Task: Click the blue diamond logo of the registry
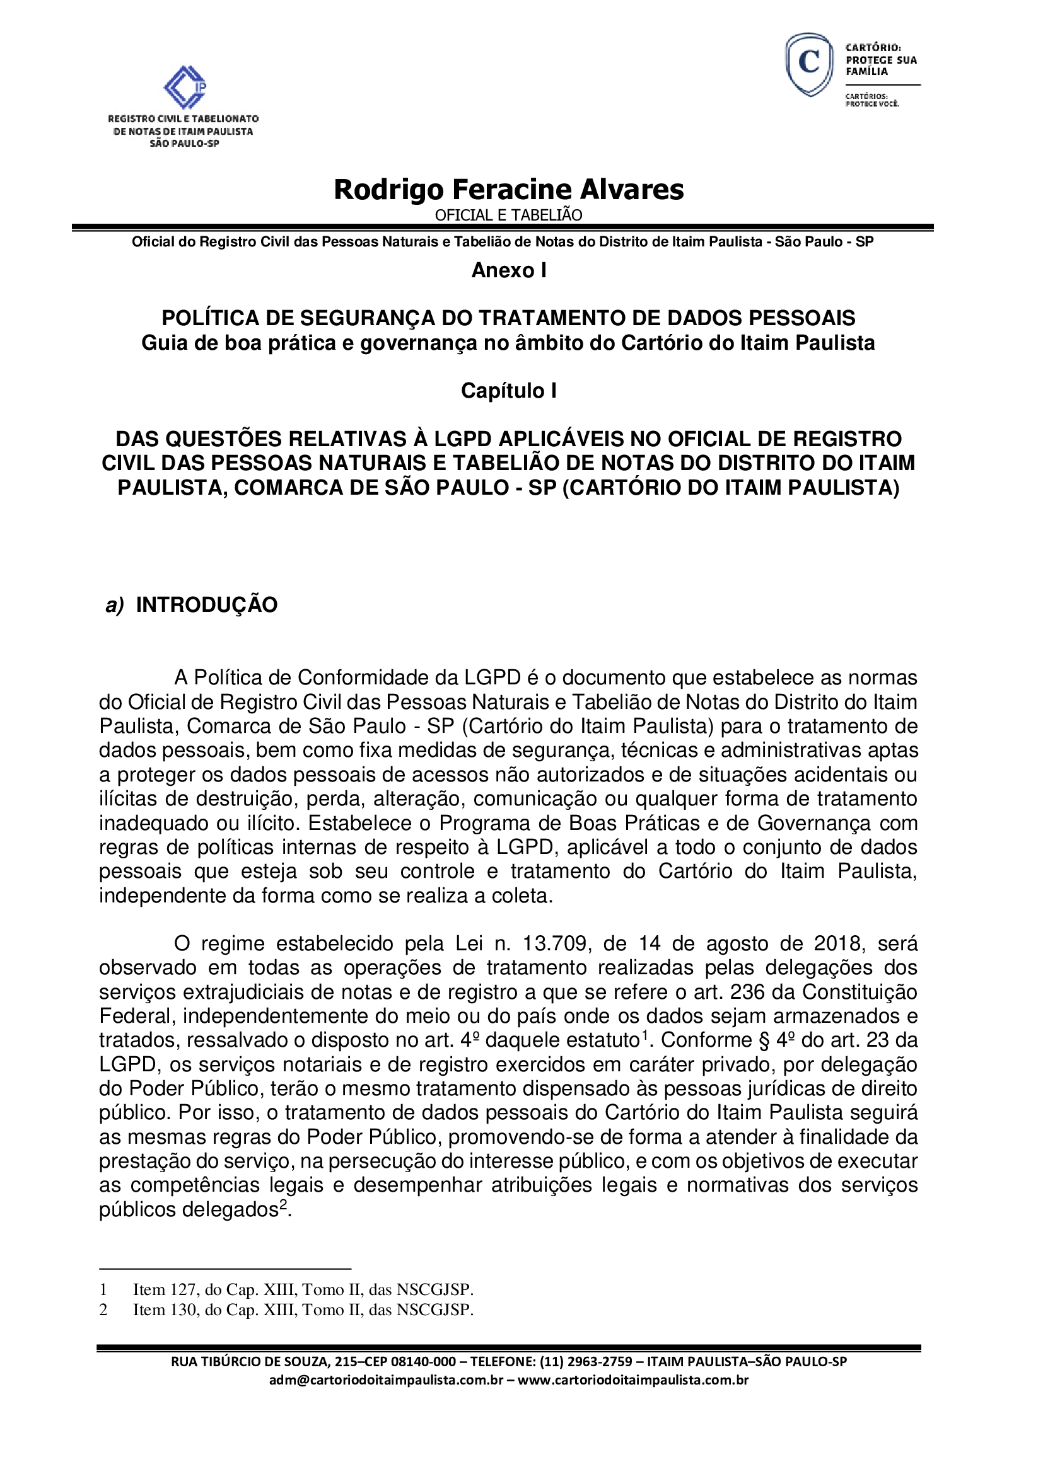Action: [x=185, y=88]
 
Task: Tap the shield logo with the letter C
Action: [x=809, y=64]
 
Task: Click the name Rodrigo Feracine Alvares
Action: [x=509, y=190]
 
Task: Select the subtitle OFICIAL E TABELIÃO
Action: [x=509, y=215]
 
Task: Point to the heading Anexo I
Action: [x=509, y=270]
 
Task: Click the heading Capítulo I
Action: [x=509, y=390]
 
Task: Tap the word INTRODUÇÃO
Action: [x=207, y=605]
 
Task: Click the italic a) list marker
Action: [x=114, y=606]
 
